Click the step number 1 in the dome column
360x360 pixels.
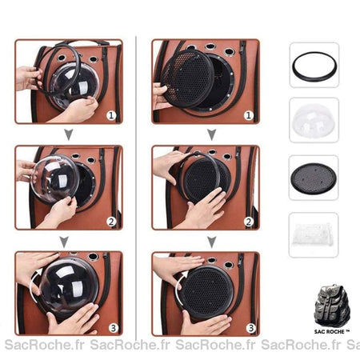pyautogui.click(x=111, y=115)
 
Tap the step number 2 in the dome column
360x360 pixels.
pyautogui.click(x=111, y=222)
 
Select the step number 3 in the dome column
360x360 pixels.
pyautogui.click(x=114, y=328)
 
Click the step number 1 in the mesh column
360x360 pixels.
pyautogui.click(x=249, y=115)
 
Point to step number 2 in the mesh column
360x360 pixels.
pyautogui.click(x=249, y=222)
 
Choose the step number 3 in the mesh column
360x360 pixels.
pyautogui.click(x=251, y=328)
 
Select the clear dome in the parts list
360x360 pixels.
pyautogui.click(x=314, y=120)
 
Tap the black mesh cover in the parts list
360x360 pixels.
pyautogui.click(x=314, y=178)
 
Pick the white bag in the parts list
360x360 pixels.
pyautogui.click(x=313, y=234)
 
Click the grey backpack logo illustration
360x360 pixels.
pyautogui.click(x=332, y=306)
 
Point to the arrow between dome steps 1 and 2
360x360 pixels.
pyautogui.click(x=69, y=134)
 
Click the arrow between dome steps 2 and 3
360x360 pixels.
pyautogui.click(x=64, y=242)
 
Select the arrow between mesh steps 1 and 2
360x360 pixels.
pyautogui.click(x=212, y=134)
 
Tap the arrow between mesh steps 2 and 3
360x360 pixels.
pyautogui.click(x=212, y=242)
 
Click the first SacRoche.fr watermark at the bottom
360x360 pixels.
pyautogui.click(x=45, y=345)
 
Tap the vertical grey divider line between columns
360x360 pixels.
pyautogui.click(x=136, y=188)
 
